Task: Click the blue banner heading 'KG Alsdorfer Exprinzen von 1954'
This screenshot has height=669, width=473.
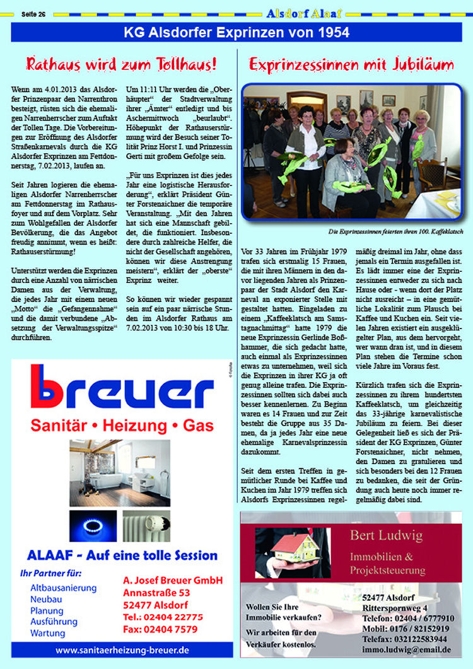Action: coord(237,32)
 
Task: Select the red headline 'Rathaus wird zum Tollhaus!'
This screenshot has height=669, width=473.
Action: coord(122,64)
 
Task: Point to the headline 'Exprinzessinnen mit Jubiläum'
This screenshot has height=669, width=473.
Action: coord(351,64)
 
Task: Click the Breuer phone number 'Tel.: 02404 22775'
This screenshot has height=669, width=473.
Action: coord(163,617)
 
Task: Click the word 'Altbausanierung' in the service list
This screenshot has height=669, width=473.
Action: coord(63,588)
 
